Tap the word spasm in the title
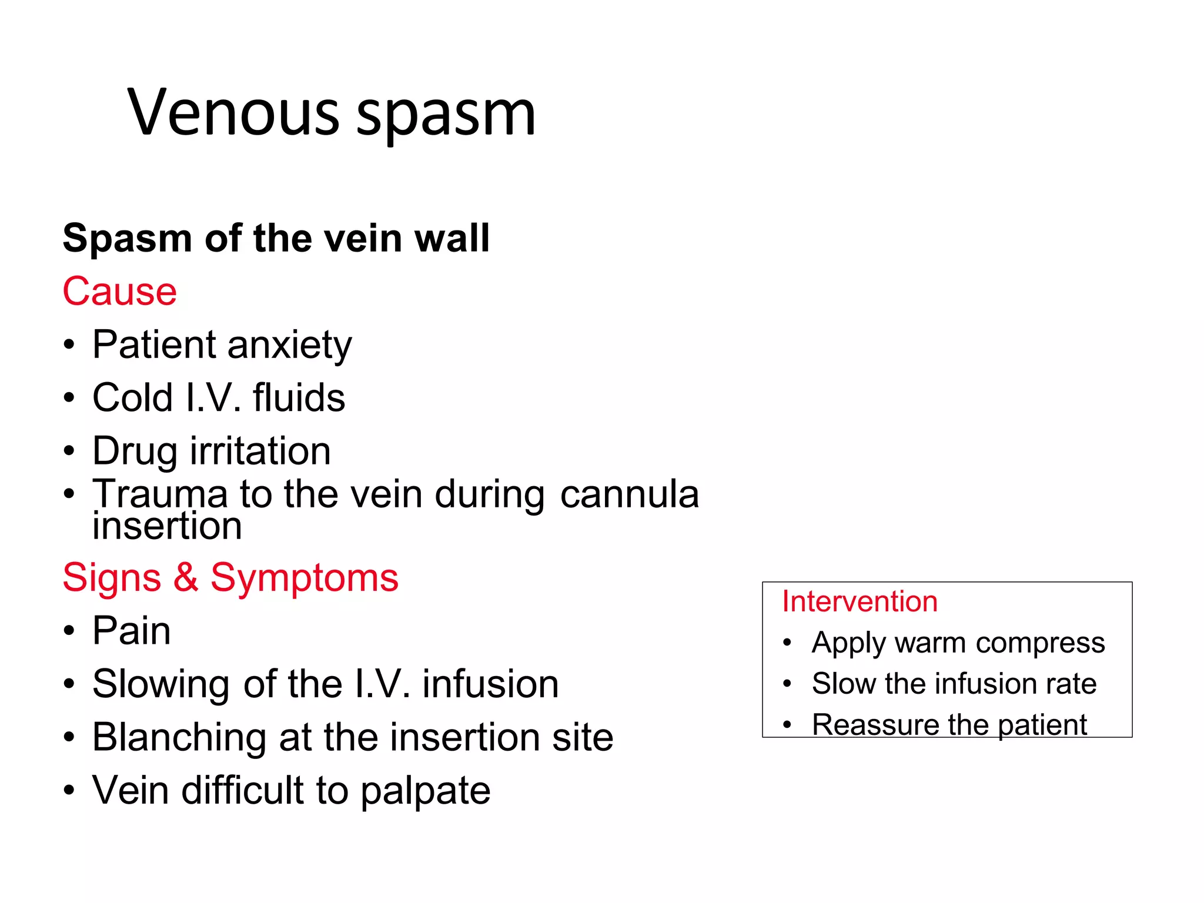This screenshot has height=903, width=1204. click(446, 115)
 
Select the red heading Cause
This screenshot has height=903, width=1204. click(119, 291)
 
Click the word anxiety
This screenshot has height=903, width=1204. click(290, 345)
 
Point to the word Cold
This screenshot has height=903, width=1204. click(132, 397)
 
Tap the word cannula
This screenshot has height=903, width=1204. click(629, 494)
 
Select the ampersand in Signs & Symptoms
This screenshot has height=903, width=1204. click(185, 577)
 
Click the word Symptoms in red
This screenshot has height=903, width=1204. click(305, 578)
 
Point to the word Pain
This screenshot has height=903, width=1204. click(132, 630)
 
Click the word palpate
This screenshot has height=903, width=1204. click(425, 791)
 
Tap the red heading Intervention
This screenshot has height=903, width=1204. click(859, 601)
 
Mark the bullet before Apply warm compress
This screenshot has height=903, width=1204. click(787, 643)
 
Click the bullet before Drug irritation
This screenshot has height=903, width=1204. click(69, 451)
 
